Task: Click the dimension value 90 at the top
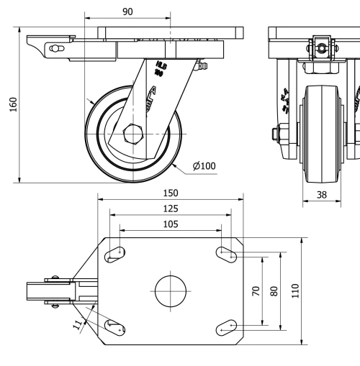coord(127,12)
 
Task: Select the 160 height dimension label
coord(11,104)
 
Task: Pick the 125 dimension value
coord(169,209)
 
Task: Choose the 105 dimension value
coord(169,224)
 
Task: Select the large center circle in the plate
coord(170,290)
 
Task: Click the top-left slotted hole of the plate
coord(115,253)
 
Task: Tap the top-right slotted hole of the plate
coord(226,252)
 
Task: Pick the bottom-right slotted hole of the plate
coord(226,327)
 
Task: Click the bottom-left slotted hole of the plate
coord(115,326)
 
